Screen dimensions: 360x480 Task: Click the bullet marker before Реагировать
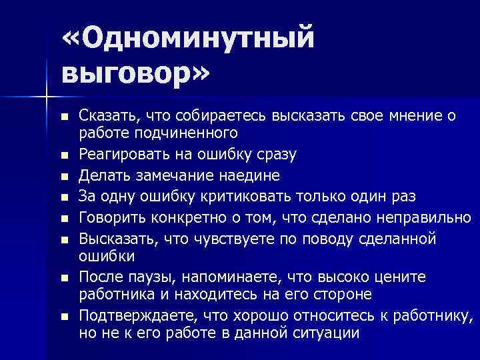(64, 155)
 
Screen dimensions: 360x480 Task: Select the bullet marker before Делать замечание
(64, 176)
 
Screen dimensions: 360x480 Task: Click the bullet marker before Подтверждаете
(64, 315)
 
